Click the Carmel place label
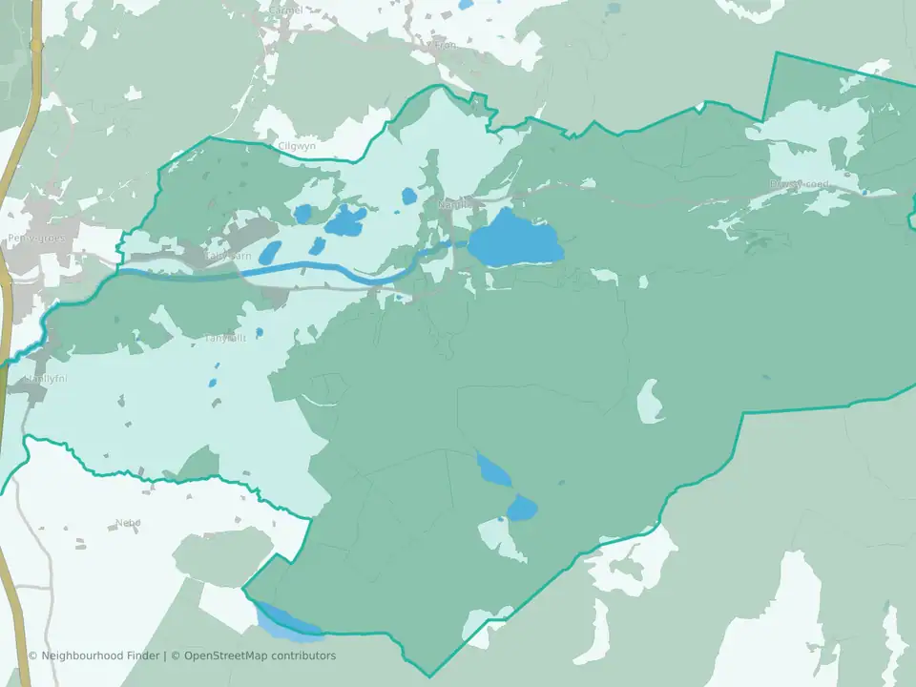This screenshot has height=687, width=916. point(285,10)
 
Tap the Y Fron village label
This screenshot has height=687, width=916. point(442,46)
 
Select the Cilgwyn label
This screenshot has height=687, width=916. point(296,146)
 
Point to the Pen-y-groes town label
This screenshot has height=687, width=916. point(36,238)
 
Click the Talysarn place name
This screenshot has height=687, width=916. point(229,256)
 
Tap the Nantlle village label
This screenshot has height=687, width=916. point(454,204)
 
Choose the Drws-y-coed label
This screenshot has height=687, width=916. point(800,184)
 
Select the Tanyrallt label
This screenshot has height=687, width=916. point(227,338)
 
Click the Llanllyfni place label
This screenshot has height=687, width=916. point(41,379)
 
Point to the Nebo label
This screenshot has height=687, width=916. point(128,522)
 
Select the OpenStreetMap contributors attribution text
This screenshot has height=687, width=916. point(260,656)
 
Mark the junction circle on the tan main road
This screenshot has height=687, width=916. point(36,46)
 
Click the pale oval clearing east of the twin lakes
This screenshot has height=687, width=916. point(650,402)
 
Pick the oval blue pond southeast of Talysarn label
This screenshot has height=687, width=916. point(271,252)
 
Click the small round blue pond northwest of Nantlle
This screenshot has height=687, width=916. point(409,196)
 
